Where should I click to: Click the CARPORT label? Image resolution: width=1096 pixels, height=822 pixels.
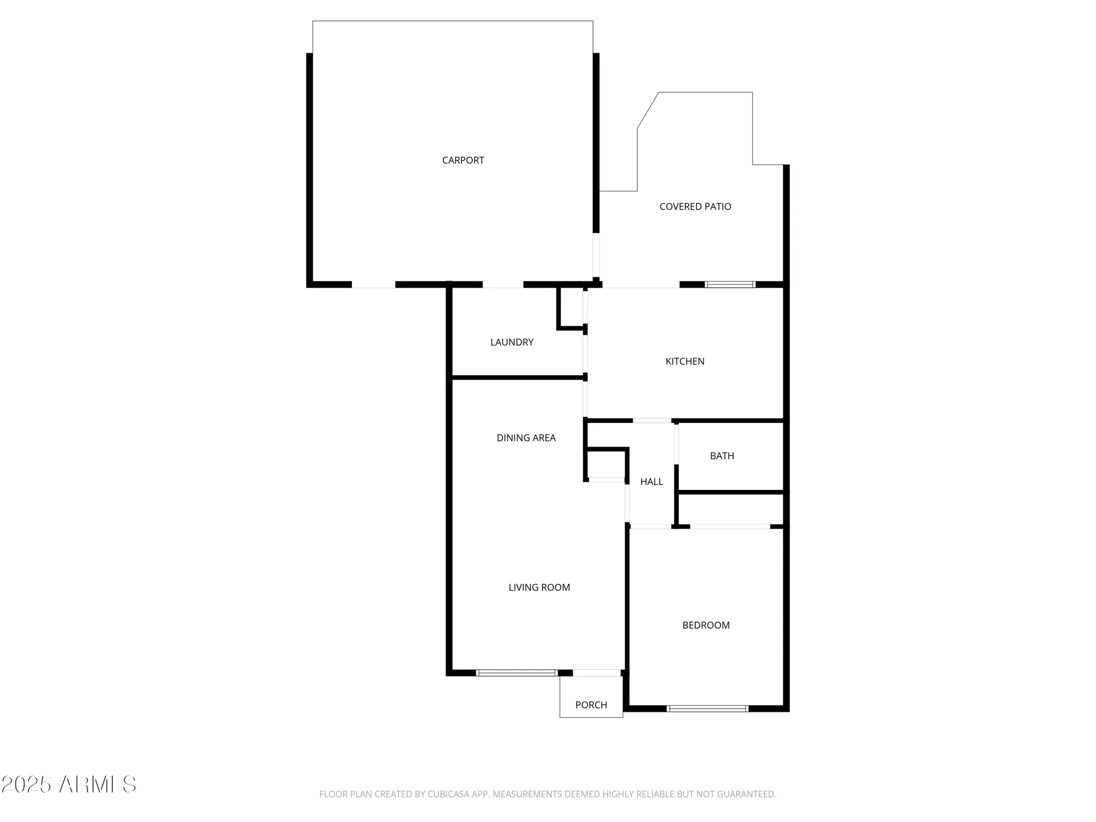tap(463, 160)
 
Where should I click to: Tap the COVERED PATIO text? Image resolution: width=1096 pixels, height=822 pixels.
tap(695, 207)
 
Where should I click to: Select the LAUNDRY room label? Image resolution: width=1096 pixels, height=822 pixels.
tap(511, 342)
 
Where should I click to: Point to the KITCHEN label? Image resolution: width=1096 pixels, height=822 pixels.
tap(684, 361)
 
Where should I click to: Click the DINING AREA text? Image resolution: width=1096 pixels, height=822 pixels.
tap(526, 438)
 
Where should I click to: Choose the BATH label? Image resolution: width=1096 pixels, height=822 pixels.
tap(722, 456)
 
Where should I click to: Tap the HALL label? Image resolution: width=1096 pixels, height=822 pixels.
tap(652, 482)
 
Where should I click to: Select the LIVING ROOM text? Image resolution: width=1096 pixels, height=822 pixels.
tap(539, 587)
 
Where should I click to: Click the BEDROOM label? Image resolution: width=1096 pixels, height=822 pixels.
tap(706, 625)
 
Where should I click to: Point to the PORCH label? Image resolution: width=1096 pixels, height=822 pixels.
tap(591, 705)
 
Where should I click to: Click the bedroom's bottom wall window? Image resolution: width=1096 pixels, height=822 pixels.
tap(707, 709)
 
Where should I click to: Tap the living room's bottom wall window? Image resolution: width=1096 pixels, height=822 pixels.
tap(516, 673)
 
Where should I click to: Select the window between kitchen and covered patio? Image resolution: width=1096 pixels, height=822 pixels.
tap(730, 284)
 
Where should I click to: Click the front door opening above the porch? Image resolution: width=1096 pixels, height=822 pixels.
tap(597, 673)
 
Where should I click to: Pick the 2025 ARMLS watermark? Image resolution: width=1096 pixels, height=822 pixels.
tap(68, 784)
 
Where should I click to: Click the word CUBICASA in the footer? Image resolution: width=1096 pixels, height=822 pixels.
tap(448, 794)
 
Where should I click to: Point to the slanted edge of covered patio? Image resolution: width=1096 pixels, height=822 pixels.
tap(648, 111)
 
